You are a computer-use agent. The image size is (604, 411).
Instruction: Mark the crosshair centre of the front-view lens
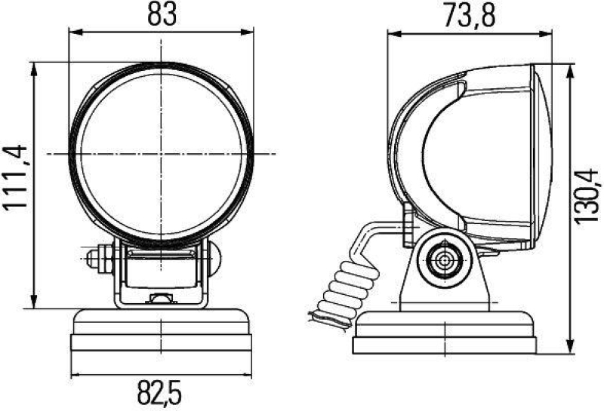(x=161, y=154)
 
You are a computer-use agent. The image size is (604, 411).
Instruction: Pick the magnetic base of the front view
(x=161, y=333)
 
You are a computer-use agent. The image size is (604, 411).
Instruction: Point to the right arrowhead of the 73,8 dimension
(x=550, y=32)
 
